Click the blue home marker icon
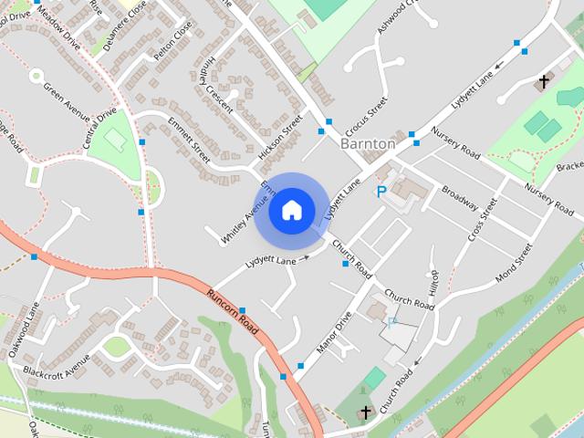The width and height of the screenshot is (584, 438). click(x=291, y=210)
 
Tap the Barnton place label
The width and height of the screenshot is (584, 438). click(x=368, y=144)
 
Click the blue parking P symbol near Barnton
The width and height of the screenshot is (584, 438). click(x=381, y=193)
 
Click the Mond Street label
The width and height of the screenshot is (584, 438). click(x=513, y=260)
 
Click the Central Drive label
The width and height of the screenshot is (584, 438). click(x=100, y=128)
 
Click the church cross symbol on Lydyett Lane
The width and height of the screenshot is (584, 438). click(x=544, y=82)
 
